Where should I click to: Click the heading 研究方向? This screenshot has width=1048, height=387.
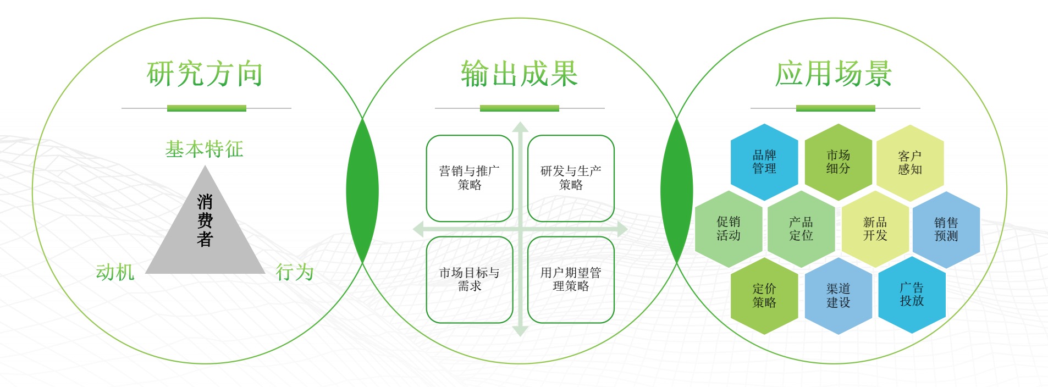[x=205, y=74]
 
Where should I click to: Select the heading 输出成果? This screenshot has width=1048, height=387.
[x=520, y=74]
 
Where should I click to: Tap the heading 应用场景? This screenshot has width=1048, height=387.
[x=834, y=74]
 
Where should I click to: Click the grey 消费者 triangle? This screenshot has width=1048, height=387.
[x=205, y=231]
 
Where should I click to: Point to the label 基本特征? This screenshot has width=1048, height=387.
[x=205, y=149]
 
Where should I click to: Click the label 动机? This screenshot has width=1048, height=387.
[x=115, y=272]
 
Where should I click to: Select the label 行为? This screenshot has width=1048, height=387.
[x=295, y=272]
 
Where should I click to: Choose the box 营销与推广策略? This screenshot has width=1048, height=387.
[x=470, y=178]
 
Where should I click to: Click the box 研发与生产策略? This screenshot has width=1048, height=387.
[x=571, y=178]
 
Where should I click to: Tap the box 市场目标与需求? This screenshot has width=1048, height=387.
[x=470, y=279]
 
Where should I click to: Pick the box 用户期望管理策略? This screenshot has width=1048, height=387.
[x=571, y=279]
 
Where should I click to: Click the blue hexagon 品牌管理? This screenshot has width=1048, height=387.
[x=764, y=162]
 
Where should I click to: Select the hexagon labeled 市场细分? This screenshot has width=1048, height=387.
[x=838, y=162]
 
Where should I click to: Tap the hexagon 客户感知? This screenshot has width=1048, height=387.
[x=910, y=163]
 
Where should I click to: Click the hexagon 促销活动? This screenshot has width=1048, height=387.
[x=729, y=229]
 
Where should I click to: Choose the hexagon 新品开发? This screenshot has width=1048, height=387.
[x=875, y=229]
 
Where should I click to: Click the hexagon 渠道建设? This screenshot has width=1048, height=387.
[x=838, y=296]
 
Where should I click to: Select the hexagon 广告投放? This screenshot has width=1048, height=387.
[x=912, y=295]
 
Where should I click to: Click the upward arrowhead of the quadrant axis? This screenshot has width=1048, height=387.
[x=520, y=127]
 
